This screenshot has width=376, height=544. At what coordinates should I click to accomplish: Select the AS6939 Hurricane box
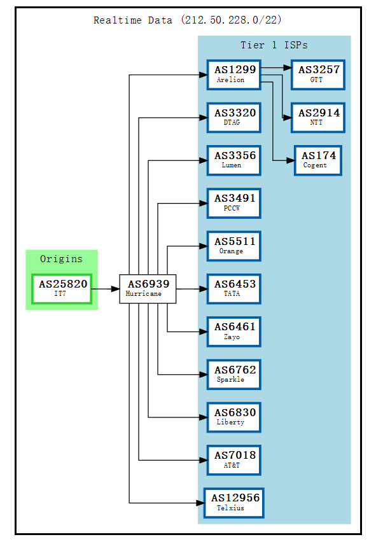pos(148,289)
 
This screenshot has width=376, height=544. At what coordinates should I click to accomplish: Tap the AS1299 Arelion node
pos(234,74)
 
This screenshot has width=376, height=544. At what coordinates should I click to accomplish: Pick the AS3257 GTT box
pos(318,74)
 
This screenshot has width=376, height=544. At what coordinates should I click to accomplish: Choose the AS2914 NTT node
pos(318,117)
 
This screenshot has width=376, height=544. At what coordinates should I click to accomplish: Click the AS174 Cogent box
pos(318,160)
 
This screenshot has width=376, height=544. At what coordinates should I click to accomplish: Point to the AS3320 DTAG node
pos(234,117)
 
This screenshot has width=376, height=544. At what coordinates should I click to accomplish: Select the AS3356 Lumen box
pos(234,160)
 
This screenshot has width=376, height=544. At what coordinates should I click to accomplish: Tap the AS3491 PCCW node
pos(234,203)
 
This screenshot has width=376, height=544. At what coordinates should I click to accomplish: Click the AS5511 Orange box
pos(234,246)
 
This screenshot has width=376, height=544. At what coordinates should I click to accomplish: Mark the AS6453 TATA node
pos(234,289)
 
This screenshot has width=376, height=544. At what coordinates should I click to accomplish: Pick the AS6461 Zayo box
pos(234,331)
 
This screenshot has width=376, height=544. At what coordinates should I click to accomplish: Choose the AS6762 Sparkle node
pos(234,374)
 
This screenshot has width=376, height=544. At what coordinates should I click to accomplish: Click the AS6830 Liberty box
pos(234,417)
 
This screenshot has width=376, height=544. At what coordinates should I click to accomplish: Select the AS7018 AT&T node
pos(234,460)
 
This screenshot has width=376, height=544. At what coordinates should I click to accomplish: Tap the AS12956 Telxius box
pos(234,503)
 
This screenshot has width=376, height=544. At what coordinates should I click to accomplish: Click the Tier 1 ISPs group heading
pos(274,45)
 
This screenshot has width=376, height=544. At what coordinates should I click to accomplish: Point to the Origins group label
pos(61,259)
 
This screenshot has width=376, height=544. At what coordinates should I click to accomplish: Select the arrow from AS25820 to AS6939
pos(105,289)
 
